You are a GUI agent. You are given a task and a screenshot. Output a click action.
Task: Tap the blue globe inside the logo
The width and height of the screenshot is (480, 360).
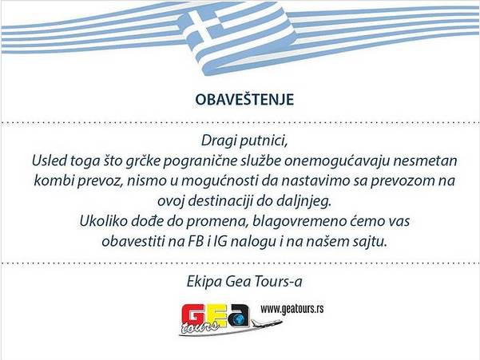tap(239, 314)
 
